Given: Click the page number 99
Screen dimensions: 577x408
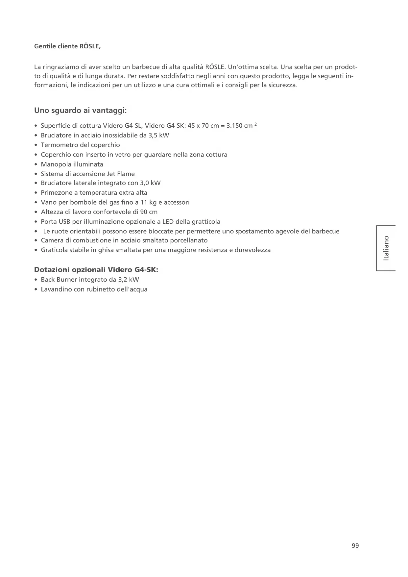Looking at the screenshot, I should coord(355,546).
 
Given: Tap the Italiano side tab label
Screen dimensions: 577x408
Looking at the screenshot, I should coord(386,248).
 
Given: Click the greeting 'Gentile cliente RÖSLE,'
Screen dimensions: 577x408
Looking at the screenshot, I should coord(67,46).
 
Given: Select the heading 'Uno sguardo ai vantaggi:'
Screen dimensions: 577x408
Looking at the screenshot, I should coord(81,111).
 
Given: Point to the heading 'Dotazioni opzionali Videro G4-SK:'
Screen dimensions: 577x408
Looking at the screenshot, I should coord(96,270).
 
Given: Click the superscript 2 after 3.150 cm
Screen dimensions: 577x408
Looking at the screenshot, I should coord(255,124).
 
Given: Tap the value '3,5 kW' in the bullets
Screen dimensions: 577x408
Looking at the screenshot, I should coord(159,136).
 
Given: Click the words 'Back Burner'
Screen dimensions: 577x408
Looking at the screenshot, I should coord(59,280).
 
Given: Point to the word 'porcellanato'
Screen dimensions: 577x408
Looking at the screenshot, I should coord(189,240).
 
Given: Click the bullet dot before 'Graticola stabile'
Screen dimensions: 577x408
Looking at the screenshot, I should coord(36,250).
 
